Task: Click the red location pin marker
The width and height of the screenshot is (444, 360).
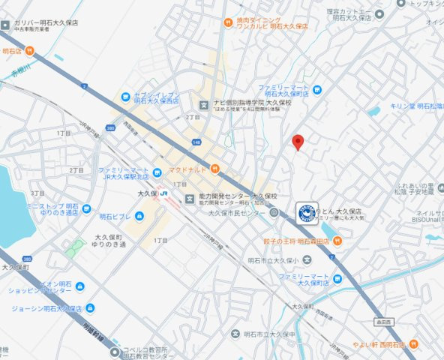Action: click(298, 142)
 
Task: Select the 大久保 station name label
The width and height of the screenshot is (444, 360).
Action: click(147, 193)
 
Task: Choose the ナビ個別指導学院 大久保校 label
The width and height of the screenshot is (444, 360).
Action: click(246, 103)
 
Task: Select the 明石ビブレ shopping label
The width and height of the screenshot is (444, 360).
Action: click(115, 216)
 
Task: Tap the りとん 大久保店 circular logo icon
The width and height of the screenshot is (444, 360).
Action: click(305, 212)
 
